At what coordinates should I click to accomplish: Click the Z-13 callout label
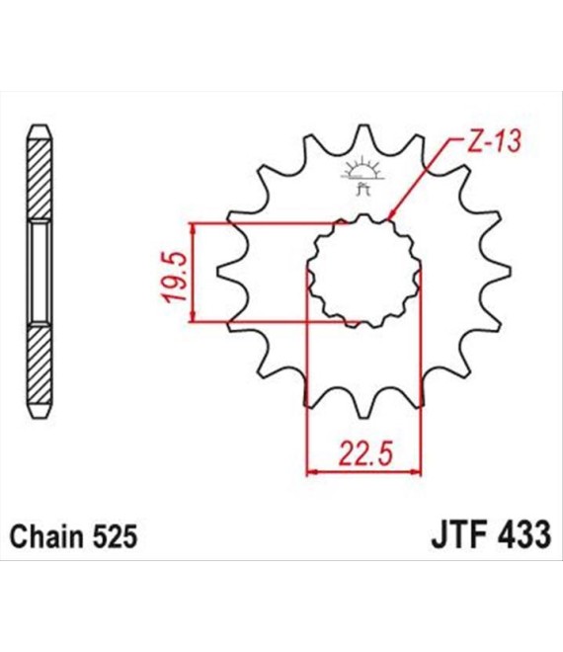click(493, 141)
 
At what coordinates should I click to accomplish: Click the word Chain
click(45, 536)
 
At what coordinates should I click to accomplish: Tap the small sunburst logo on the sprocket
click(362, 175)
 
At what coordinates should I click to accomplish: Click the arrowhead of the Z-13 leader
click(391, 215)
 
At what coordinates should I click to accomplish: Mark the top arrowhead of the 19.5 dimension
click(192, 228)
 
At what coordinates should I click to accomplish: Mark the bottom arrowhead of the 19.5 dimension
click(192, 317)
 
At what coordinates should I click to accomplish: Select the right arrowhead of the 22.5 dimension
click(416, 472)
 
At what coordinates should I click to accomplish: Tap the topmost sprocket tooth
click(362, 137)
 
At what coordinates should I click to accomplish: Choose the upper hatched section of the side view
click(40, 179)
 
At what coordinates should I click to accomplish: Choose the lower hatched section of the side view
click(40, 365)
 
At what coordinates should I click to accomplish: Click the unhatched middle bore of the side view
click(40, 272)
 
